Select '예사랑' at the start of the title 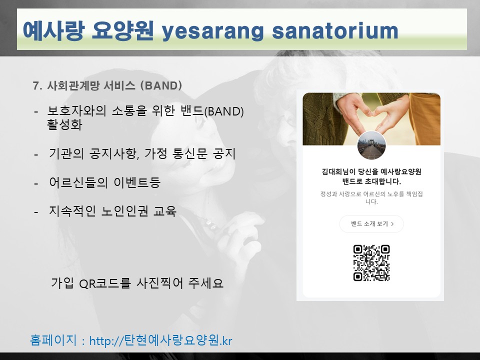tap(53, 30)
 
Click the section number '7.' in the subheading tap(37, 85)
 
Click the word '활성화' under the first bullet tap(64, 124)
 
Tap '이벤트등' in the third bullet tap(137, 182)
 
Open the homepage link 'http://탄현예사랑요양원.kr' tap(160, 340)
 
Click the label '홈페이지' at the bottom tap(53, 340)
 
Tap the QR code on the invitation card tap(371, 263)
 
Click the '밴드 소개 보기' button tap(371, 224)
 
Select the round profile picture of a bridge tap(371, 145)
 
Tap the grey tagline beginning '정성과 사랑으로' tap(371, 198)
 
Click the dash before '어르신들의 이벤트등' tap(36, 183)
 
